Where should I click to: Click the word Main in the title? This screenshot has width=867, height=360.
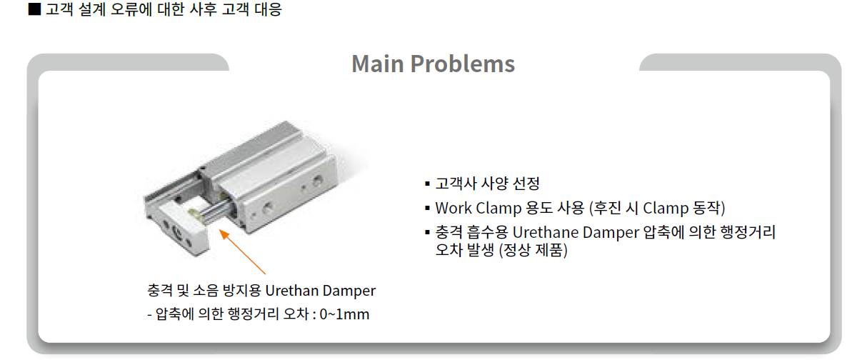[378, 64]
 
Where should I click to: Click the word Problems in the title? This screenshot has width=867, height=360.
[463, 64]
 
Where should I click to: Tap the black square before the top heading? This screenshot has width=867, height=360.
[34, 9]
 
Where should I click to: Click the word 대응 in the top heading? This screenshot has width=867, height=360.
[268, 9]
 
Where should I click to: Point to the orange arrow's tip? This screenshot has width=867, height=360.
[219, 229]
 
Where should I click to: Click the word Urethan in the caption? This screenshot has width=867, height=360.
[291, 290]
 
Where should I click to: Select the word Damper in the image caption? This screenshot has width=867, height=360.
[349, 291]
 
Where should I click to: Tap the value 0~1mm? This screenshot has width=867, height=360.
[344, 314]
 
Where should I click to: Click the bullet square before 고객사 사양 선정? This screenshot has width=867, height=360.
[427, 184]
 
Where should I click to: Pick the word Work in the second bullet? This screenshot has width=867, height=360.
[453, 208]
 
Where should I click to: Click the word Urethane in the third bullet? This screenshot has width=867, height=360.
[545, 232]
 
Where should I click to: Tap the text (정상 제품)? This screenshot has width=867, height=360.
[533, 250]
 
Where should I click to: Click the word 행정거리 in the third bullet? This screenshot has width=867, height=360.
[748, 232]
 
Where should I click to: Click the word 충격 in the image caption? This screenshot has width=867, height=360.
[159, 290]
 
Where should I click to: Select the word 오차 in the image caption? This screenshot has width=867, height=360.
[296, 314]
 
